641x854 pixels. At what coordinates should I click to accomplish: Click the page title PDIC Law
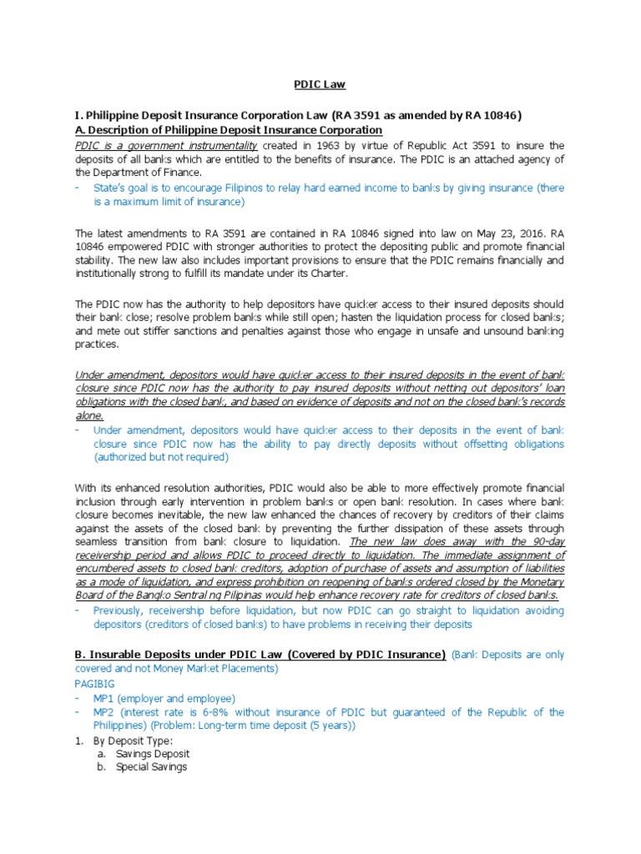[320, 84]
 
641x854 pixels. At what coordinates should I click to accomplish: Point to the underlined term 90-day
[544, 541]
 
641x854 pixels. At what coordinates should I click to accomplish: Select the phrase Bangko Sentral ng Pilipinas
[196, 595]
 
